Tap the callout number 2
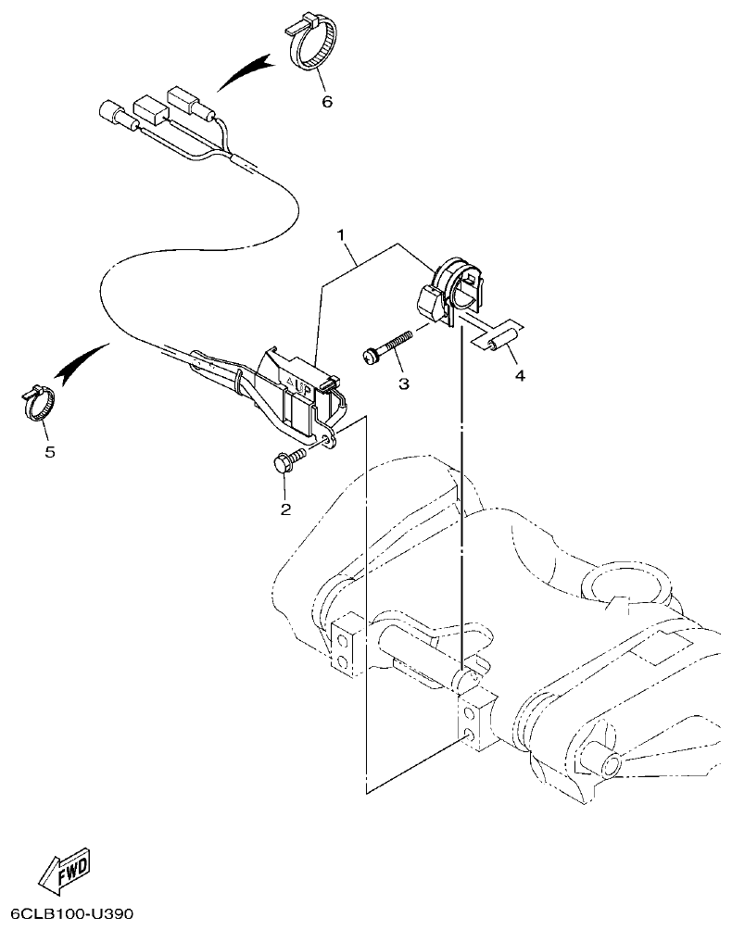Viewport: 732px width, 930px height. pos(285,509)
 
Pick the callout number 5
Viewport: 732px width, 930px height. pos(49,451)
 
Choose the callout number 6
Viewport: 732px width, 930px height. pos(326,102)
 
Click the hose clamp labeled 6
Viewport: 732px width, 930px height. pos(310,46)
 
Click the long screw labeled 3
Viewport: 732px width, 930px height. pos(389,346)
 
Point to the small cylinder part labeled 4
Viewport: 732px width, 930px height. pos(499,340)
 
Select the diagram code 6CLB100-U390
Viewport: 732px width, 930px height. pos(68,914)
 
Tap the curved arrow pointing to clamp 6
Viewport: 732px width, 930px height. pos(243,72)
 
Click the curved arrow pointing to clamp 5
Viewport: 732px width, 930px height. pos(82,359)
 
